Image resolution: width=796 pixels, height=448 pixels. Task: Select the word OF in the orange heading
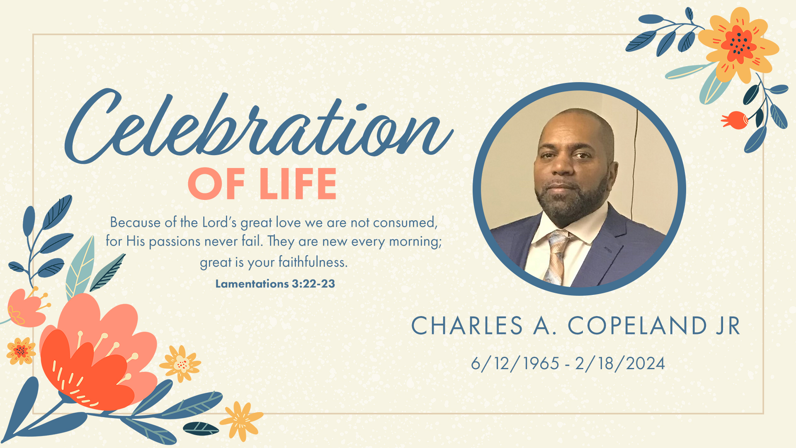click(216, 184)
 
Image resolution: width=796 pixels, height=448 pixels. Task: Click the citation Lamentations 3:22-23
click(275, 284)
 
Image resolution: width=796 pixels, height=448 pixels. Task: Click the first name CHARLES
click(467, 326)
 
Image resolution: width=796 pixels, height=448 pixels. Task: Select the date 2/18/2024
click(620, 364)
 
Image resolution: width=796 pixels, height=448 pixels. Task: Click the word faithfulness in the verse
click(313, 262)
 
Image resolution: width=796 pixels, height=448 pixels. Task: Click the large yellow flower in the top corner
click(738, 44)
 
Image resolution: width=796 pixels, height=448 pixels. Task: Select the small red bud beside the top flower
click(735, 120)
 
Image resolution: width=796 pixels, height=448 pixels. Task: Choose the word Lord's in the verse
click(219, 223)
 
